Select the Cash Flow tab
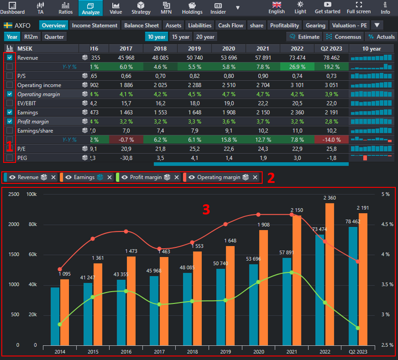pos(231,25)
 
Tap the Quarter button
pos(54,37)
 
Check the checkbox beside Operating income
pos(10,85)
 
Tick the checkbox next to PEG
pos(10,158)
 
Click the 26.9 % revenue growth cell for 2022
pos(297,67)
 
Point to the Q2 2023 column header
pos(331,49)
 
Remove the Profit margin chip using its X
pos(177,177)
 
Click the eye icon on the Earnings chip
pos(69,177)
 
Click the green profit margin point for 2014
pos(60,324)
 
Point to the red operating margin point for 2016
pos(126,231)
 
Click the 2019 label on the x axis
pos(226,352)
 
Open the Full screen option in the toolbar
pos(358,8)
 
